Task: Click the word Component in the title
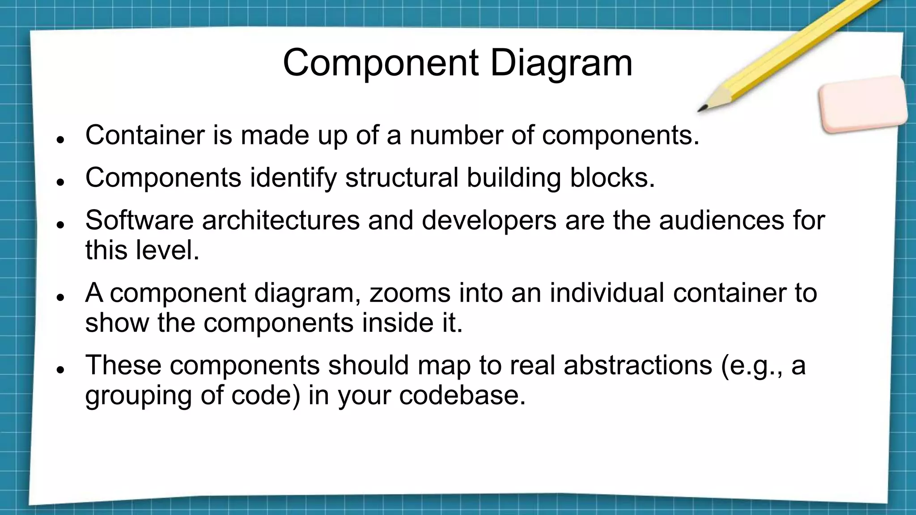pyautogui.click(x=381, y=63)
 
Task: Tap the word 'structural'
pyautogui.click(x=402, y=177)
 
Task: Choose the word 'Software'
pyautogui.click(x=139, y=220)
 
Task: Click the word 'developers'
pyautogui.click(x=489, y=221)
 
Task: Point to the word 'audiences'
pyautogui.click(x=721, y=220)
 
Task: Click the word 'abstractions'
pyautogui.click(x=637, y=365)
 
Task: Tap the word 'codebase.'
pyautogui.click(x=462, y=395)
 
